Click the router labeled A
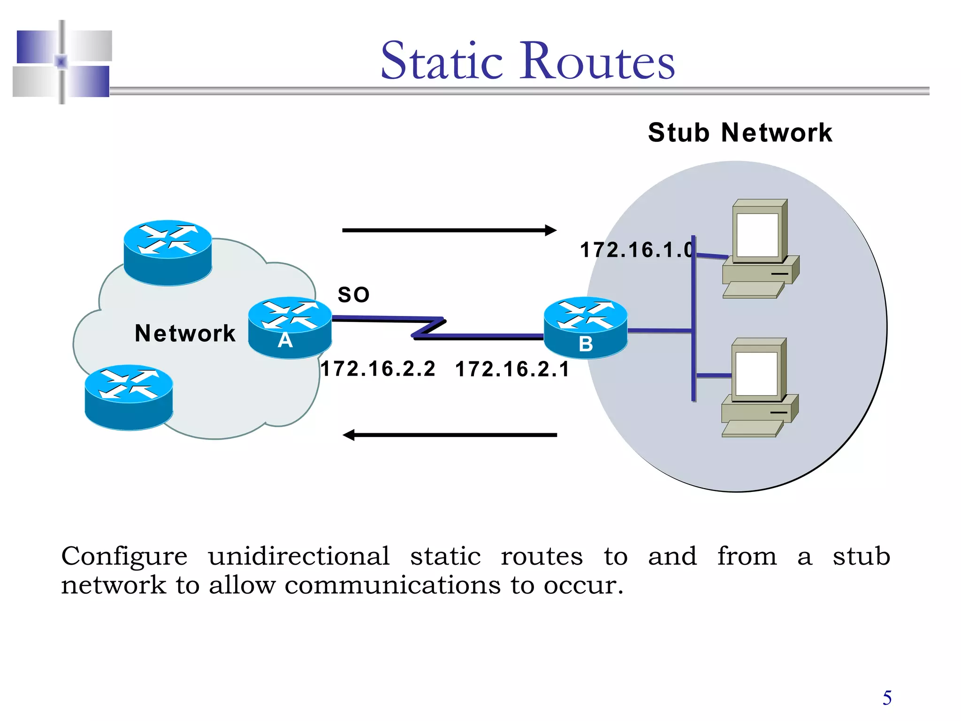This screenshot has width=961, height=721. click(x=290, y=328)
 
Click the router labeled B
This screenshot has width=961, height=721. click(x=585, y=328)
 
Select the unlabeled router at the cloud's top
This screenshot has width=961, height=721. click(x=168, y=253)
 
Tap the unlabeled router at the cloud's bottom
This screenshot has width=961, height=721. click(x=129, y=397)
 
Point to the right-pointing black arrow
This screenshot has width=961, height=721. click(x=449, y=230)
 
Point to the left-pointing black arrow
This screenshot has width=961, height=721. click(x=449, y=435)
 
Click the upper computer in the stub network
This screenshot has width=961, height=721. click(x=760, y=249)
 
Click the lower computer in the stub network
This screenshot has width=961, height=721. click(x=759, y=388)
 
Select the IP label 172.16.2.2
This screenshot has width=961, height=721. click(x=378, y=369)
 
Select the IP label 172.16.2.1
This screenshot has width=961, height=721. click(x=512, y=369)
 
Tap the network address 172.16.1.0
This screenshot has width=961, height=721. click(x=636, y=250)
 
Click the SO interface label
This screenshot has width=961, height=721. click(x=354, y=295)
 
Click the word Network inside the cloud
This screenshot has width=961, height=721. click(x=185, y=333)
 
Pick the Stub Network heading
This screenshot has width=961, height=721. click(x=740, y=132)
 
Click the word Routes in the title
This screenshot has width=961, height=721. click(x=596, y=61)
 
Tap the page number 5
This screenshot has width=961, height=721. click(x=887, y=698)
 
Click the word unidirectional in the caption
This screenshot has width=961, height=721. click(x=298, y=556)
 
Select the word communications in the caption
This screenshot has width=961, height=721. click(x=392, y=585)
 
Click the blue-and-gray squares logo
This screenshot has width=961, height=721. click(x=62, y=62)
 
